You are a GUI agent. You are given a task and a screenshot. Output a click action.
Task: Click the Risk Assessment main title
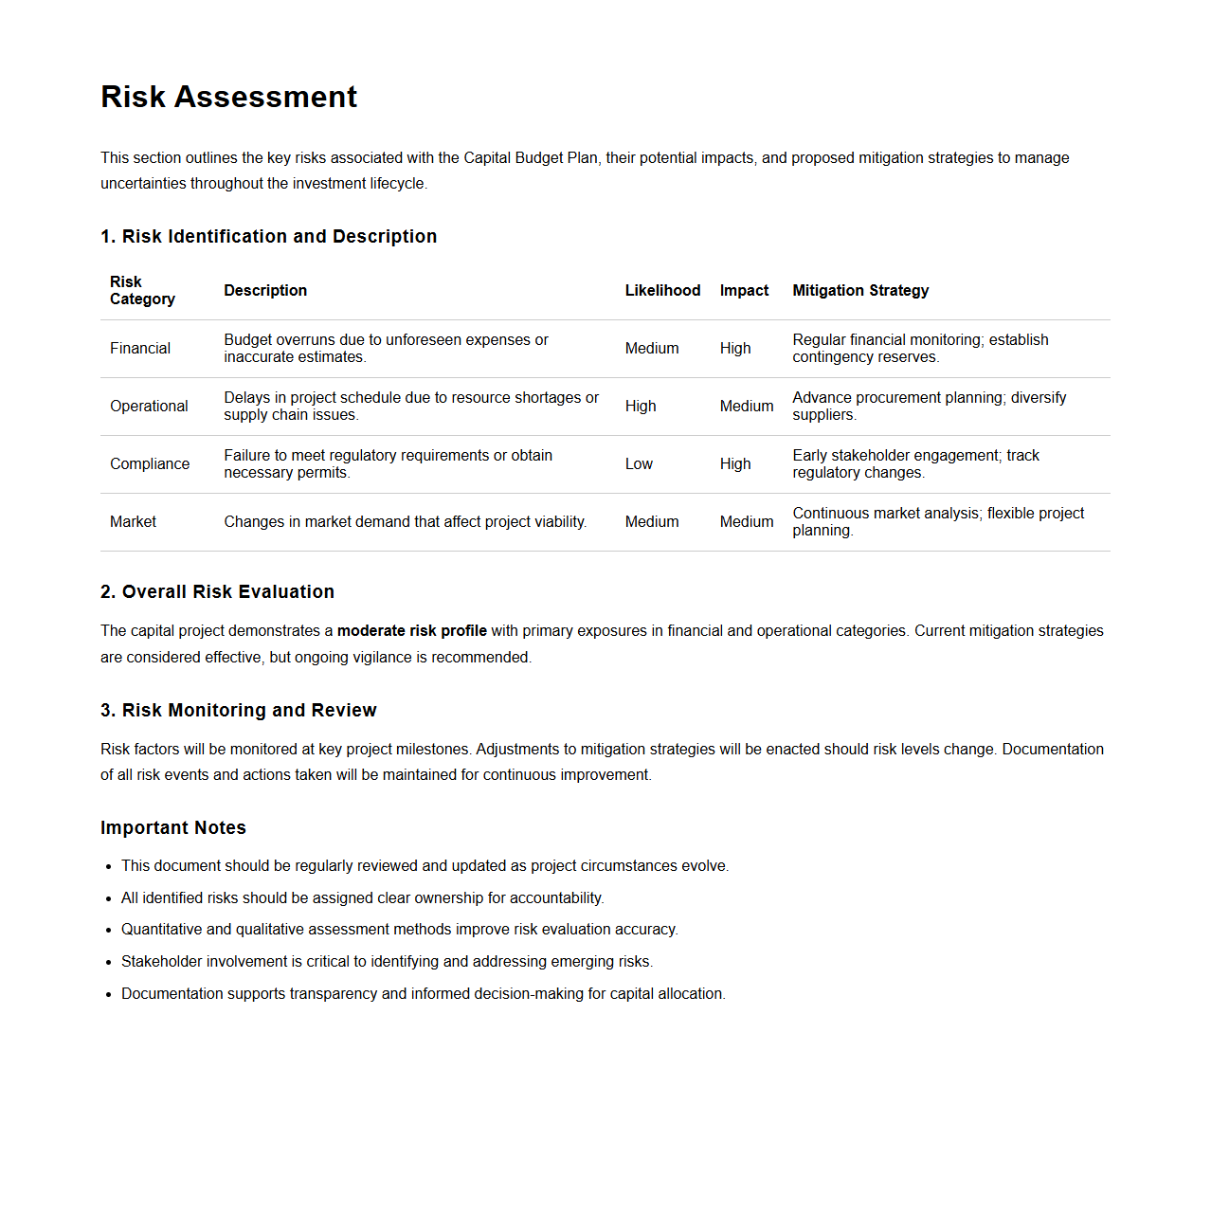[228, 97]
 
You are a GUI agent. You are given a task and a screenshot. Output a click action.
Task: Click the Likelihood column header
[662, 290]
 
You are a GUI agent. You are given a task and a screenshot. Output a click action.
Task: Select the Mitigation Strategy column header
[859, 290]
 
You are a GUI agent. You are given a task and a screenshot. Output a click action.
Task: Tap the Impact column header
[744, 290]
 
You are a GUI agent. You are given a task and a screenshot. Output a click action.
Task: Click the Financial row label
[140, 348]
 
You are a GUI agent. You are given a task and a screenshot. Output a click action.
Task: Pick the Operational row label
[149, 406]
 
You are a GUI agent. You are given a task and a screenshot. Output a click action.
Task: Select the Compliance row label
[150, 463]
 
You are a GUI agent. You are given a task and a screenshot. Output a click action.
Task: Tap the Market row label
[133, 521]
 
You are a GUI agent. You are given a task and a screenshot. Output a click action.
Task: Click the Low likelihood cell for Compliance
[639, 463]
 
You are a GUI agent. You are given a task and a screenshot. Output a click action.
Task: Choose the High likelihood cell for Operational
[641, 406]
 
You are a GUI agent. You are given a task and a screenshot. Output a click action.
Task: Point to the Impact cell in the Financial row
[735, 348]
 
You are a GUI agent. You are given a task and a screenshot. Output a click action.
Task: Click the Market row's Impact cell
[747, 521]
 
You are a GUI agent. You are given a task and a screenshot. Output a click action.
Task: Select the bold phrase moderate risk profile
[411, 630]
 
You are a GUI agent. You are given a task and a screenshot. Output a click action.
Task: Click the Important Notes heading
[173, 827]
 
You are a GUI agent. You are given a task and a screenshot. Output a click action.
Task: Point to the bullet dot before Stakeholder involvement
[109, 962]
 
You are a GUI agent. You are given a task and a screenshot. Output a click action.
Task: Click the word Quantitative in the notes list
[161, 929]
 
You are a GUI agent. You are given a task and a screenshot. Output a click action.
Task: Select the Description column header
[265, 290]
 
